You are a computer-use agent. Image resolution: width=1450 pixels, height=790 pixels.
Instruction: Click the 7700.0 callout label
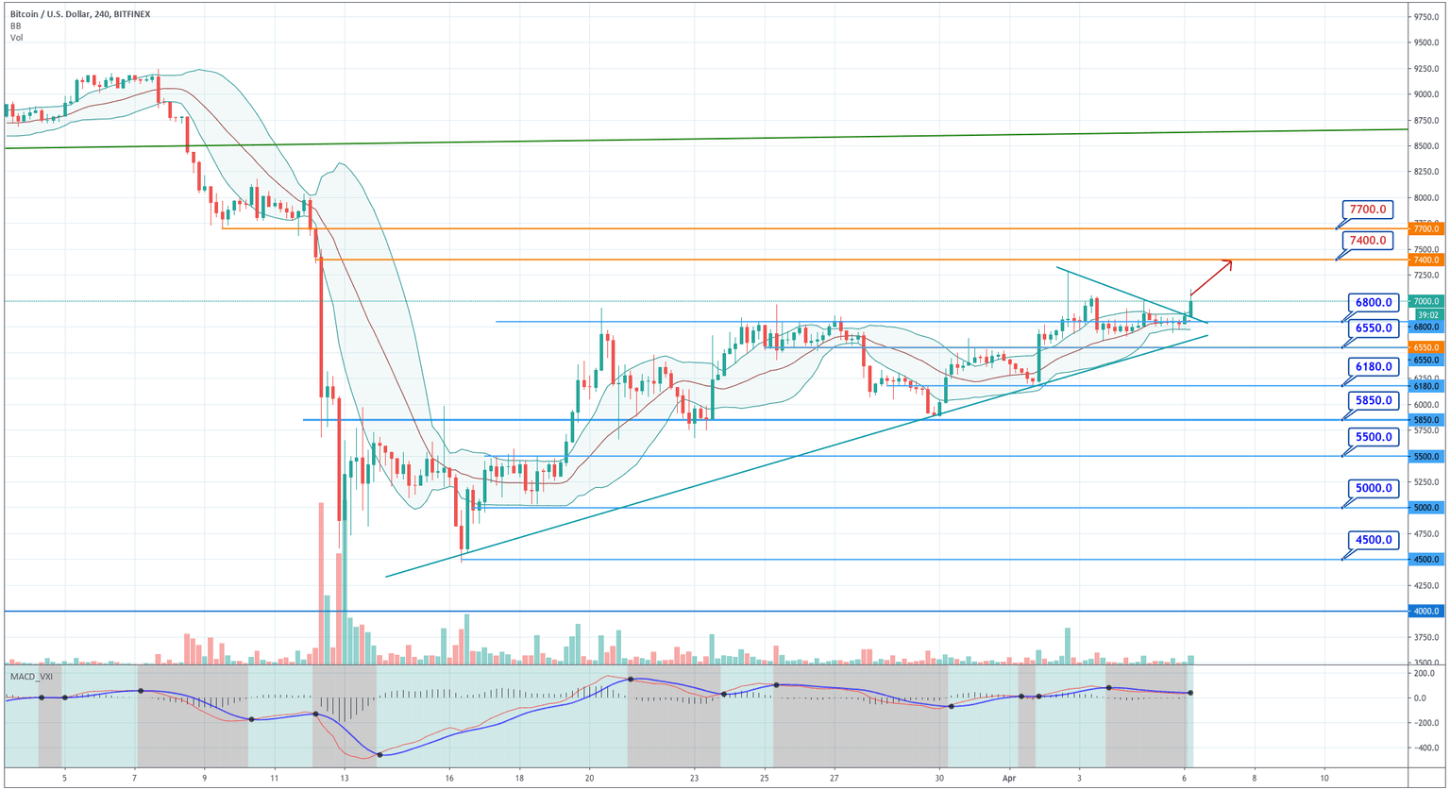pos(1368,210)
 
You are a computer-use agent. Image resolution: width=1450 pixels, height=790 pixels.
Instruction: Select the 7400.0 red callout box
pos(1368,241)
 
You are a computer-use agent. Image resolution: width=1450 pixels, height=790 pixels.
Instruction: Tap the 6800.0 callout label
pos(1374,303)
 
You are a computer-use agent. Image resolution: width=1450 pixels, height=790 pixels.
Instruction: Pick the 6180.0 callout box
pos(1374,366)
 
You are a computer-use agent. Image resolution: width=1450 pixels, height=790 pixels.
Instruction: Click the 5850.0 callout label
pos(1374,400)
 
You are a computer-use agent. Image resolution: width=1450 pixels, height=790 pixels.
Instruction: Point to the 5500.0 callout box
pos(1374,437)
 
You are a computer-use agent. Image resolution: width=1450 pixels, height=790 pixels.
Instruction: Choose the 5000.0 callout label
pos(1374,488)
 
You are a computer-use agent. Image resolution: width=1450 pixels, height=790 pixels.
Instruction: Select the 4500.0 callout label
pos(1374,540)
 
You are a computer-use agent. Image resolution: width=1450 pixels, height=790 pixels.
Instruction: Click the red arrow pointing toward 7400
pos(1211,277)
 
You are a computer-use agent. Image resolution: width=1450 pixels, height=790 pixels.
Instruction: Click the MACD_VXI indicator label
pos(31,677)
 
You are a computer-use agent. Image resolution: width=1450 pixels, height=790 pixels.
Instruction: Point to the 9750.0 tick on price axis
pos(1425,17)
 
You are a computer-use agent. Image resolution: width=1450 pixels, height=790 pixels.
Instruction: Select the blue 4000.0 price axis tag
pos(1425,612)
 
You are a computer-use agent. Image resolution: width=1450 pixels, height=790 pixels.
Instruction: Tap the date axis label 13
pos(345,779)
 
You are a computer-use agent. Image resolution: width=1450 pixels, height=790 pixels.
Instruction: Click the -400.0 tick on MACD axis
pos(1425,748)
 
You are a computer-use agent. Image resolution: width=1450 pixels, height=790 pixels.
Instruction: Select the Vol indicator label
pos(17,38)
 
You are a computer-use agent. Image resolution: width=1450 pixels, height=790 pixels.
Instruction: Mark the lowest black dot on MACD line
pos(379,754)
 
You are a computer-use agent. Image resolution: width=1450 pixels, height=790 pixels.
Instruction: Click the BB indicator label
pos(16,26)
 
